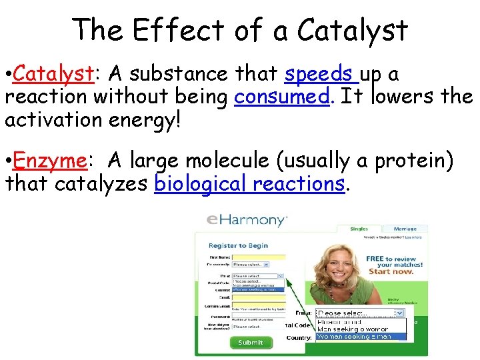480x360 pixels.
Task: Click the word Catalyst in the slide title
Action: [352, 30]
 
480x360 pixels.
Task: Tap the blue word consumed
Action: [282, 97]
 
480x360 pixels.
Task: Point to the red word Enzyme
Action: [49, 161]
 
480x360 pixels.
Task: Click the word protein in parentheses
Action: [413, 161]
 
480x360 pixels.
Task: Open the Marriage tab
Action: [405, 229]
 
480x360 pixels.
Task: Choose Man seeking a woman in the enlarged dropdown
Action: [353, 329]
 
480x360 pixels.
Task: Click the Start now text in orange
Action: [390, 271]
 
